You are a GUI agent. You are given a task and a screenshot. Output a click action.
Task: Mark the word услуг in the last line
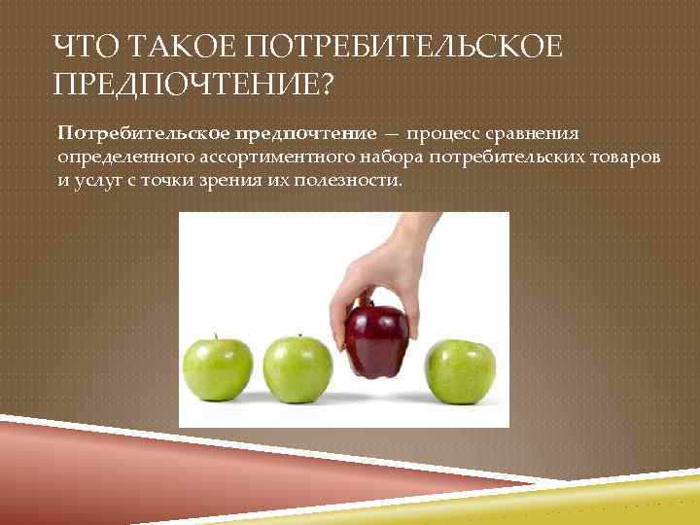[x=98, y=180]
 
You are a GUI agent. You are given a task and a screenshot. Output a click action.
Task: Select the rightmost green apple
[x=462, y=371]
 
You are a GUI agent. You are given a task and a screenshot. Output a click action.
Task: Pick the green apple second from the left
[x=295, y=369]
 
